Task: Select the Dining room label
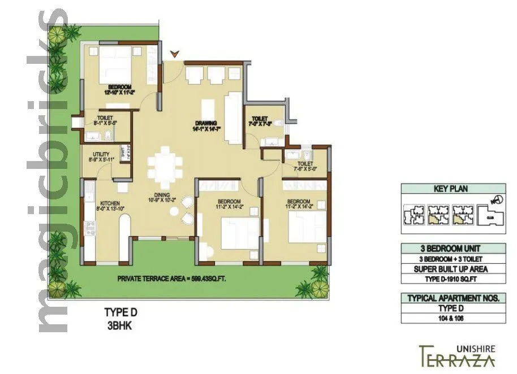pyautogui.click(x=162, y=195)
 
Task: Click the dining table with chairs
pyautogui.click(x=165, y=164)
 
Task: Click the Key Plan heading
pyautogui.click(x=453, y=189)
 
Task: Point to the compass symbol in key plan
pyautogui.click(x=496, y=199)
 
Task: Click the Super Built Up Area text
pyautogui.click(x=453, y=269)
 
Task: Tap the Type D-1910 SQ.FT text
pyautogui.click(x=453, y=279)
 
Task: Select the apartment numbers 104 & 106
pyautogui.click(x=453, y=318)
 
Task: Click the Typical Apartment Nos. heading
pyautogui.click(x=453, y=298)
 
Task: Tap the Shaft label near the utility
pyautogui.click(x=123, y=153)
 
